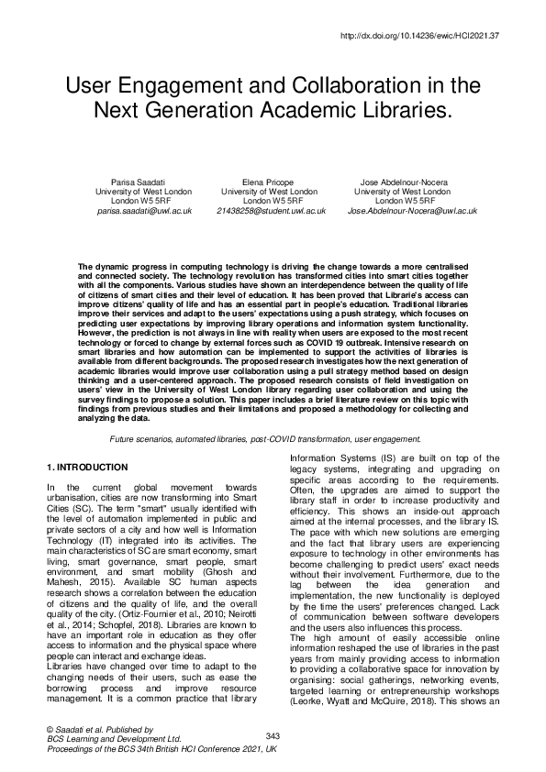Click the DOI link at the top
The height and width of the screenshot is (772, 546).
(433, 37)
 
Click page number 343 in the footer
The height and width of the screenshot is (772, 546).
(273, 735)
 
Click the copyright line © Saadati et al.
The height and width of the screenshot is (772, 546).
(89, 727)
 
